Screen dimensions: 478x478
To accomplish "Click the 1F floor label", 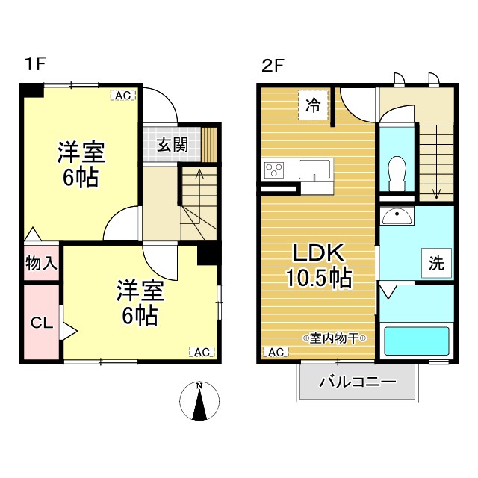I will pos(34,64).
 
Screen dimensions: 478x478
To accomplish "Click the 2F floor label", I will pos(273,64).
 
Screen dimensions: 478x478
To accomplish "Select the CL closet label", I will pos(41,323).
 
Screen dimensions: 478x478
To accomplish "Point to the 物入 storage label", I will pos(41,263).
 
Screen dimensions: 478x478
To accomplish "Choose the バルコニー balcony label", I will pos(358,382).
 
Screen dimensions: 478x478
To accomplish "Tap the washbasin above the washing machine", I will pos(397,217).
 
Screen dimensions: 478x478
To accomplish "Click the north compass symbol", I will pos(199,401).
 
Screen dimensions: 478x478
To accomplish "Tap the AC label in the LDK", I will pos(274,352).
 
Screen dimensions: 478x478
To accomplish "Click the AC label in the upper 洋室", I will pos(122,95).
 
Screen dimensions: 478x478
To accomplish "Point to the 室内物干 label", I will pos(334,338).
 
